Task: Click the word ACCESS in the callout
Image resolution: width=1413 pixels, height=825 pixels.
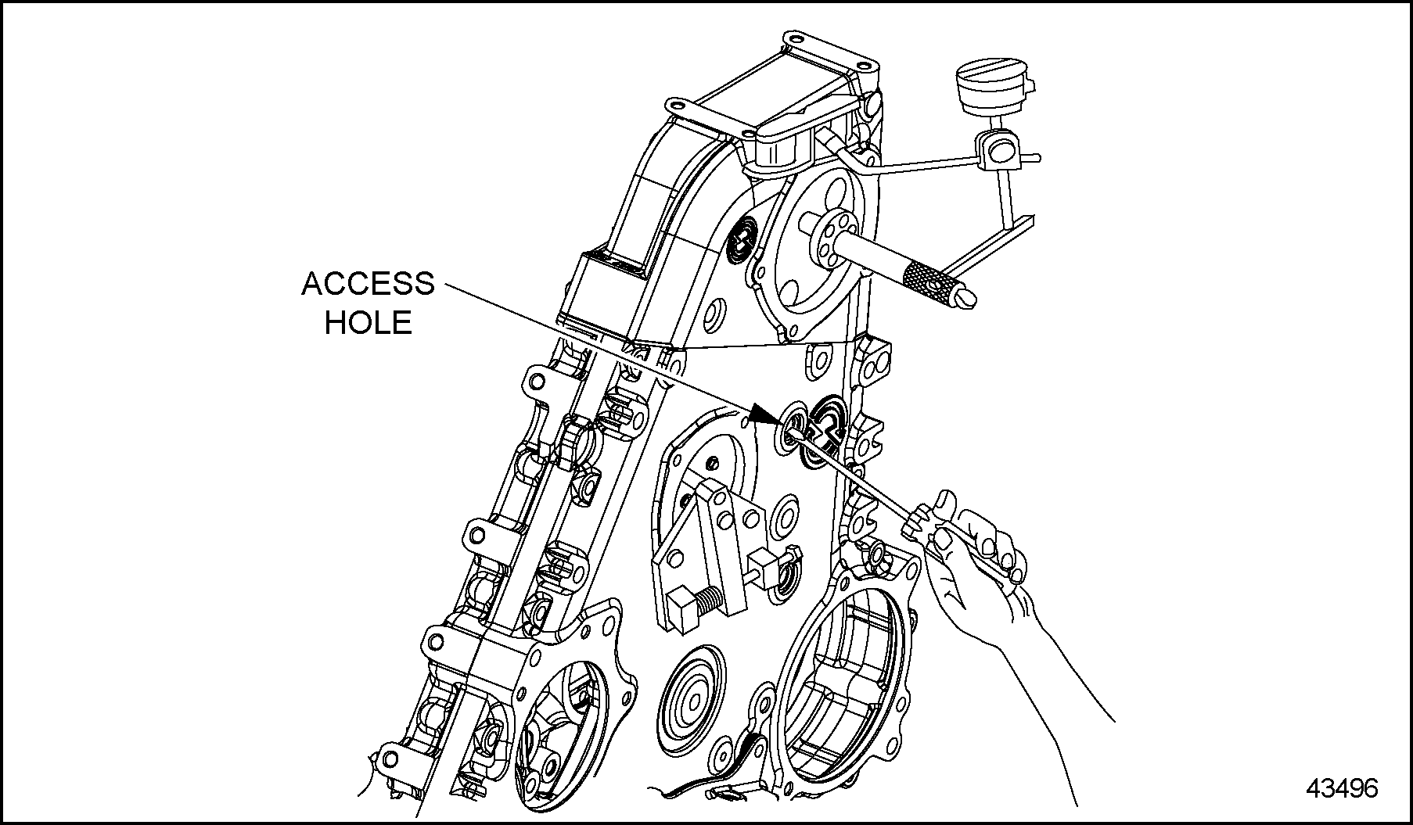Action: (x=368, y=284)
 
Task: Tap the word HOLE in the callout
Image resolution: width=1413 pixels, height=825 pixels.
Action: (x=368, y=322)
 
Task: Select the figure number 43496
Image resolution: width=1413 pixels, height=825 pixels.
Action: (x=1341, y=788)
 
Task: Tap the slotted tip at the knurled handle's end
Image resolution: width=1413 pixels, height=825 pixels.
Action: (x=967, y=298)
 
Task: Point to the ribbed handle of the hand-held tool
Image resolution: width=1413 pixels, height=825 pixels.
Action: (x=918, y=520)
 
